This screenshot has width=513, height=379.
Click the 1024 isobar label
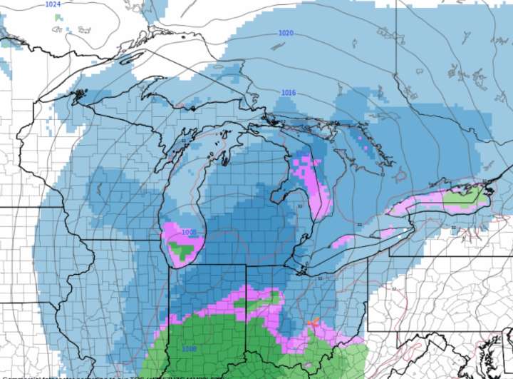coord(53,4)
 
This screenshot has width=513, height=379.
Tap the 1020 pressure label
coord(286,34)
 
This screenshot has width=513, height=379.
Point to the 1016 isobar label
coord(289,93)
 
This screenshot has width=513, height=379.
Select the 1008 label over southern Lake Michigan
coord(189,232)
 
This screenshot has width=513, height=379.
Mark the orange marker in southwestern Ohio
coord(312,323)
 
